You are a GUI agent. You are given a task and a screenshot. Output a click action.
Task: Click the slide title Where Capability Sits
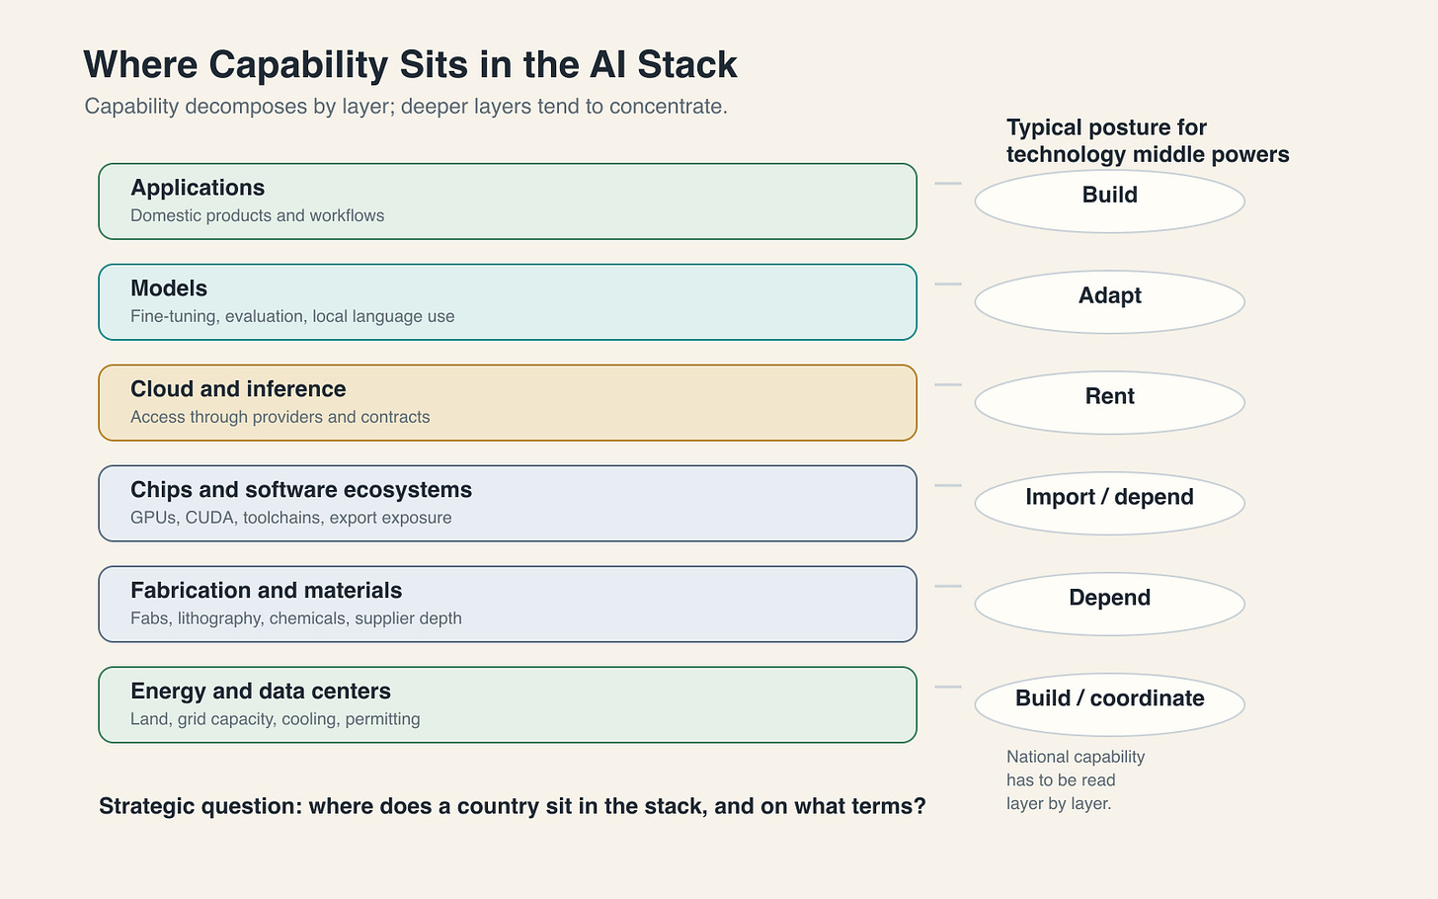(410, 65)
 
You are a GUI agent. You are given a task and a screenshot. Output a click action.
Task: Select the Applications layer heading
(198, 188)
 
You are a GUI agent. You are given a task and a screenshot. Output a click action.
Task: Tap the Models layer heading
(169, 288)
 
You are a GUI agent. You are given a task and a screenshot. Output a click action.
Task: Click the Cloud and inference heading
(238, 389)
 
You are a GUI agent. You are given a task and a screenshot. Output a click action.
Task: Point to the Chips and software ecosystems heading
(301, 490)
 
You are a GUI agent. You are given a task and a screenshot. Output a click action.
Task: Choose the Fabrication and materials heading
(267, 590)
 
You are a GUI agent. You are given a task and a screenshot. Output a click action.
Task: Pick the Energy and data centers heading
(261, 691)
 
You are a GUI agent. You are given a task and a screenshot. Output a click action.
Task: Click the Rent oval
(1109, 403)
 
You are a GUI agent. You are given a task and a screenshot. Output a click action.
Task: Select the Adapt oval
(1109, 302)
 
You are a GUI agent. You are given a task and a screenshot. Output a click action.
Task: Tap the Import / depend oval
(1109, 504)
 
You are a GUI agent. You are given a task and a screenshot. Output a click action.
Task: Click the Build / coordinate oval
(1109, 704)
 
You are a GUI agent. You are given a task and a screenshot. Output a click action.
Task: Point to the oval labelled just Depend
(1109, 605)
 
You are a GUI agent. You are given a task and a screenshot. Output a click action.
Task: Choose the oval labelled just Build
(1109, 202)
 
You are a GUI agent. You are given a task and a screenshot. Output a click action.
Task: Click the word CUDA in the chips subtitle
(209, 518)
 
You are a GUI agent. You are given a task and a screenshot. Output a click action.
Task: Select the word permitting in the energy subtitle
(382, 719)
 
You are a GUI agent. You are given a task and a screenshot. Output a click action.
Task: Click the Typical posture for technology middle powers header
(1148, 140)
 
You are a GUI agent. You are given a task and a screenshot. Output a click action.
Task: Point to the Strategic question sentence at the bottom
(513, 806)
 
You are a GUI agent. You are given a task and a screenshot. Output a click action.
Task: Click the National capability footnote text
(1076, 780)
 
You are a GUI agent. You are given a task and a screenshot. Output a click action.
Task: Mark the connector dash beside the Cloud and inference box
(948, 384)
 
